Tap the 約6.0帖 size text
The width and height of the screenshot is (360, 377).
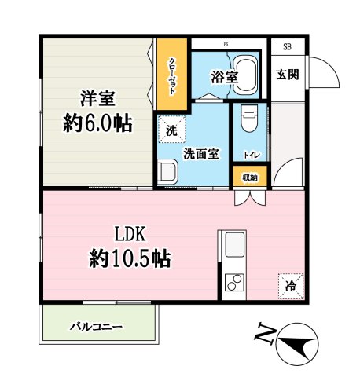97,123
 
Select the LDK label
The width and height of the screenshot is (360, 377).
131,233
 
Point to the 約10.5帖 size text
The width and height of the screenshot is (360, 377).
131,258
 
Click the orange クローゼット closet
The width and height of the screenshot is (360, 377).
171,75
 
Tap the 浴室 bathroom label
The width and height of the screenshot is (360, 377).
223,77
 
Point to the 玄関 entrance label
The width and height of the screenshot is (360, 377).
287,75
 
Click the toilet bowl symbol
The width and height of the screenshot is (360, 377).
248,118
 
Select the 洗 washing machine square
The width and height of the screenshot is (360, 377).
171,128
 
